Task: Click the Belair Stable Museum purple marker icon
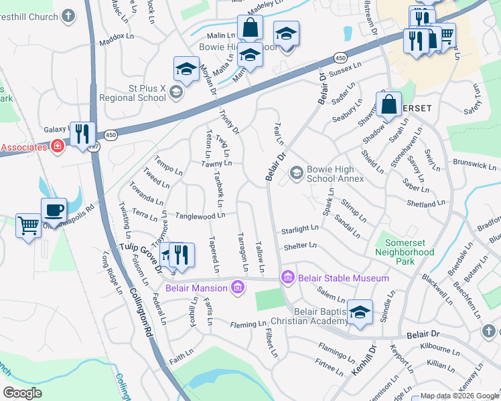(288, 277)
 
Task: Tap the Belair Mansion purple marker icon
(236, 288)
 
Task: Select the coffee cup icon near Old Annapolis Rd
(54, 209)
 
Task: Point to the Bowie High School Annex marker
(296, 174)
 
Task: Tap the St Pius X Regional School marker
(176, 92)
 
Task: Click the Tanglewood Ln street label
(200, 216)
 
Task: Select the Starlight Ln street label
(299, 229)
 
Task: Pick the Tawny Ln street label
(216, 163)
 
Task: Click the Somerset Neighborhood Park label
(405, 247)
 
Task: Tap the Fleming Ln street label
(248, 325)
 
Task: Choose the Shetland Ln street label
(425, 203)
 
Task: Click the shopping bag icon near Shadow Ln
(388, 104)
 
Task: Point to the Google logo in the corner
(22, 393)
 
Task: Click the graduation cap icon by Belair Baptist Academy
(360, 312)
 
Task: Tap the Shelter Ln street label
(300, 246)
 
